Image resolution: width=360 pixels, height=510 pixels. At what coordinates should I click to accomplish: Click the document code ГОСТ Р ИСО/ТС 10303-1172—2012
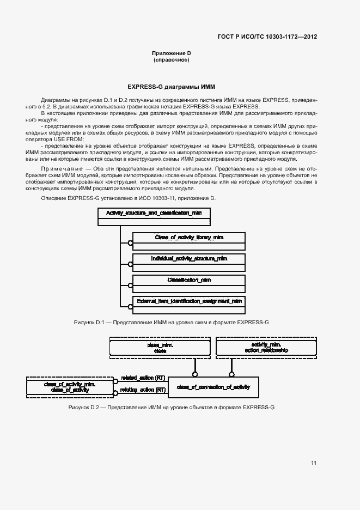tap(267, 37)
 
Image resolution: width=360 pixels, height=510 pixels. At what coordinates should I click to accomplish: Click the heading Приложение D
tap(171, 53)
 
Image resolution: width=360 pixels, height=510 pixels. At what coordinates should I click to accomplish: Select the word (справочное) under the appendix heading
tap(171, 59)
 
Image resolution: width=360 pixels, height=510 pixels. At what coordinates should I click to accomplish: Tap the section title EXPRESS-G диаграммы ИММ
tap(171, 87)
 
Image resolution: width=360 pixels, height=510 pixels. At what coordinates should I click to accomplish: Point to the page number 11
tap(314, 463)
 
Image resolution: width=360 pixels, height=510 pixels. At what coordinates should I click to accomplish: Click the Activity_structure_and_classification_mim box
tap(154, 216)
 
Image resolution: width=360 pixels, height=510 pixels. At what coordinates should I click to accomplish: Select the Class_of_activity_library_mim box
tap(188, 240)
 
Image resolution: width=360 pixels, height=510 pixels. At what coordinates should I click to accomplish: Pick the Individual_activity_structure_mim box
tap(188, 261)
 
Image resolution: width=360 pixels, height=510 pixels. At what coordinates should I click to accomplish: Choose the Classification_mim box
tap(188, 282)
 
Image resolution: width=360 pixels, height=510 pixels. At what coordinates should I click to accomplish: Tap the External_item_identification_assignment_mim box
tap(188, 303)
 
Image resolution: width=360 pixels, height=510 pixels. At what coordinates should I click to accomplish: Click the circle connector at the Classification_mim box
tap(130, 285)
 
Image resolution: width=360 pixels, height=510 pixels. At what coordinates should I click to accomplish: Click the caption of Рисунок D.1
tap(171, 323)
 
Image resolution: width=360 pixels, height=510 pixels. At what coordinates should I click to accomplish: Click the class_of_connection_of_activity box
tap(213, 387)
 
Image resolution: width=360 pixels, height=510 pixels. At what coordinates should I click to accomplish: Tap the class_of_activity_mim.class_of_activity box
tap(70, 387)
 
